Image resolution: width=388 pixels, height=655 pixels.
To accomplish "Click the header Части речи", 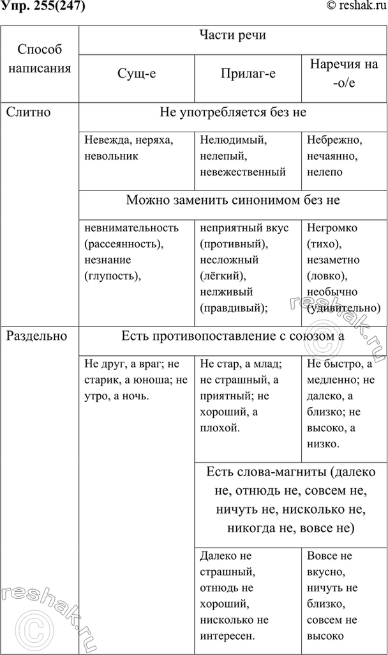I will (x=232, y=36).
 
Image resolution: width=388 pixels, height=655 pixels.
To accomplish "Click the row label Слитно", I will (x=28, y=112).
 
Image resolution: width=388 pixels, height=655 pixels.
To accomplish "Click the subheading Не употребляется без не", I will (x=232, y=112).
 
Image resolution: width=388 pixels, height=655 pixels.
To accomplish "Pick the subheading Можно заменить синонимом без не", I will (x=232, y=200).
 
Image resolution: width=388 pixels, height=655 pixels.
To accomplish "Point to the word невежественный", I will (x=243, y=171).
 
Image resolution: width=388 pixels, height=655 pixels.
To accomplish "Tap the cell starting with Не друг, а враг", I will (x=135, y=380).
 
